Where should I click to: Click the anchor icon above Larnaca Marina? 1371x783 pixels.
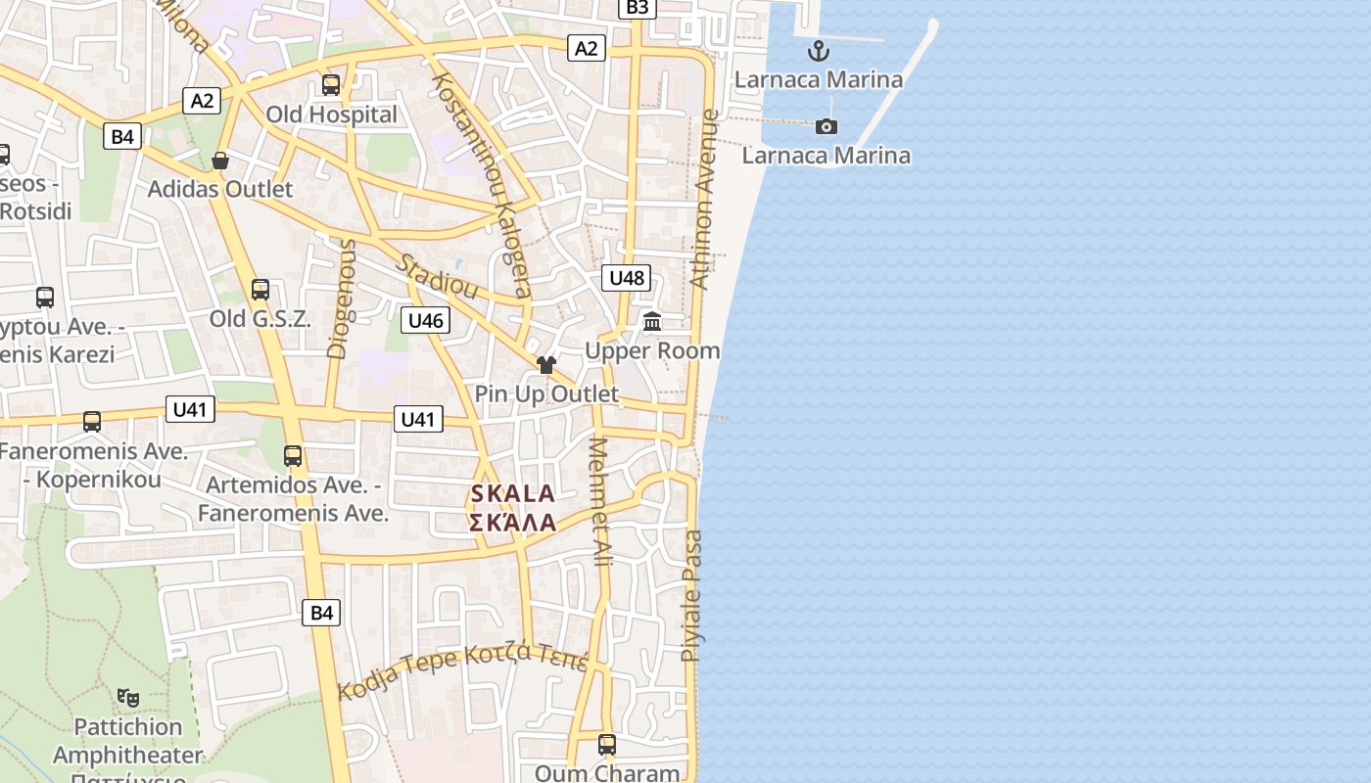coord(818,51)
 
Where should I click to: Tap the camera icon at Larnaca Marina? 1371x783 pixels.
coord(827,126)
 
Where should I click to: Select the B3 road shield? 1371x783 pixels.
coord(637,8)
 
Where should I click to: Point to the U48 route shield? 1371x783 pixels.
coord(627,278)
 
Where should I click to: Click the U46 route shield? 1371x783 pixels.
coord(425,320)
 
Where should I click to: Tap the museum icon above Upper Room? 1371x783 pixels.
coord(652,321)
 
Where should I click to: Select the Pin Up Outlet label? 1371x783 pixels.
coord(546,393)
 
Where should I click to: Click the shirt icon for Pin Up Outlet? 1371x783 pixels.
coord(545,365)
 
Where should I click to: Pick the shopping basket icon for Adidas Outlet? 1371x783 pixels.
coord(220,161)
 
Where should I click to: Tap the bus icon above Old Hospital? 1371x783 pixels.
coord(331,85)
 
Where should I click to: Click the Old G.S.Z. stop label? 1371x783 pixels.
coord(260,318)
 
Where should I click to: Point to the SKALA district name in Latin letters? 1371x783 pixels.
coord(513,494)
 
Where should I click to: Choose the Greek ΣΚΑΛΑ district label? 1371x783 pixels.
coord(513,523)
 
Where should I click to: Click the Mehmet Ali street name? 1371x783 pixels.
coord(600,502)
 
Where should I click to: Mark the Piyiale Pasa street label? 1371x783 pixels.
coord(691,595)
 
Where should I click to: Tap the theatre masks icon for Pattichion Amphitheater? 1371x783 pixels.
coord(127,697)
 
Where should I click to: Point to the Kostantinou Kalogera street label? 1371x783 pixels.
coord(482,185)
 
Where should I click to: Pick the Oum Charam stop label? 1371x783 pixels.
coord(607,772)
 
